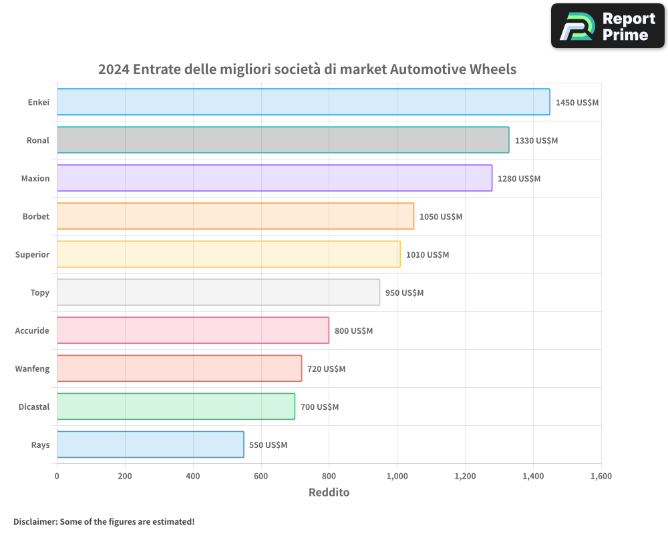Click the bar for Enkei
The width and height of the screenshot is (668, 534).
(303, 102)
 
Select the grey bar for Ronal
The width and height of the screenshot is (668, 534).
(283, 140)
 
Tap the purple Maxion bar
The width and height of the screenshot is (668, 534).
(274, 178)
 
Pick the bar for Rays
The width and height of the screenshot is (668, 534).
(150, 445)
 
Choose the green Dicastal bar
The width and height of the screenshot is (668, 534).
(176, 407)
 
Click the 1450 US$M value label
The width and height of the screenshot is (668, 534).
(577, 103)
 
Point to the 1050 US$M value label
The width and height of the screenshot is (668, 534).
(441, 217)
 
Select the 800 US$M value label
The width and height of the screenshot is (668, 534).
(353, 331)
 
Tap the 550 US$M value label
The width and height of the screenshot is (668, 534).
(268, 445)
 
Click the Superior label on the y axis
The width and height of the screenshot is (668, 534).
(32, 254)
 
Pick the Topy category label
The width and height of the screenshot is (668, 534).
(39, 292)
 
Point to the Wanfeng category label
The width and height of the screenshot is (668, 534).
(32, 368)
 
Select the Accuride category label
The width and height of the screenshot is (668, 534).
(32, 330)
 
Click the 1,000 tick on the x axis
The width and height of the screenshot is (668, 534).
(397, 477)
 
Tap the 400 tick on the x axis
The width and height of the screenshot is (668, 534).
(193, 477)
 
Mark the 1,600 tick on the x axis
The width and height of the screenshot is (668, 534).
(601, 477)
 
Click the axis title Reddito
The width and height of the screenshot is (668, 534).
(329, 493)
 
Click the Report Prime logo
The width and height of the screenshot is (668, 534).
(608, 26)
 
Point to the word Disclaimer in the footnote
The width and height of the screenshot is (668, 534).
(35, 521)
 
